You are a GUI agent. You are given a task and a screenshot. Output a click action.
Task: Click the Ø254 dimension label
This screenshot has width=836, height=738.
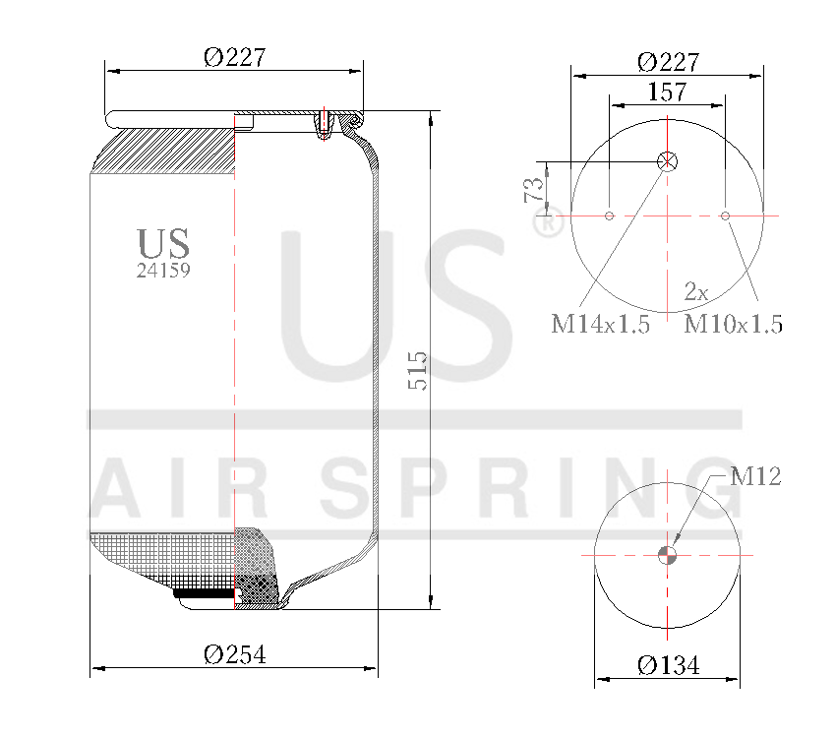[x=234, y=654]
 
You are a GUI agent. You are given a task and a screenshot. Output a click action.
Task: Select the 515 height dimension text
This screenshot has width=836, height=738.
[x=418, y=371]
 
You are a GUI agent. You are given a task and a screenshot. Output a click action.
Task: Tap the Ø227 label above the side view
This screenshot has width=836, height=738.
[x=235, y=58]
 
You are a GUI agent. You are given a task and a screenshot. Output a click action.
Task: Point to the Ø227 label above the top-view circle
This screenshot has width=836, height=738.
[x=668, y=62]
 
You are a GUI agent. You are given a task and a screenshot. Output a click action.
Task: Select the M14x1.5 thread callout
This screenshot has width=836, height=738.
[x=600, y=325]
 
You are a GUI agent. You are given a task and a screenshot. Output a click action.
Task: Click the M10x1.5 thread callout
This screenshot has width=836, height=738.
[x=734, y=325]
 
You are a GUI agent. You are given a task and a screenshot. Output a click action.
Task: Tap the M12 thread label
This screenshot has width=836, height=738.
[x=755, y=477]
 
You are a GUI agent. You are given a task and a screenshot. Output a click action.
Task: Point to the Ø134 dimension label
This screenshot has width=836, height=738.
[x=668, y=666]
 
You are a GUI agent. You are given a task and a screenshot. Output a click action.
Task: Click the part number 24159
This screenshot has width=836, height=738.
[x=163, y=271]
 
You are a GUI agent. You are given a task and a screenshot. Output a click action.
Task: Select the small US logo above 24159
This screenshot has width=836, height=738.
[x=163, y=243]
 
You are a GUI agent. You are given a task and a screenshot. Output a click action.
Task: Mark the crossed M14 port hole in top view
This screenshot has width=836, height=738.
[x=668, y=161]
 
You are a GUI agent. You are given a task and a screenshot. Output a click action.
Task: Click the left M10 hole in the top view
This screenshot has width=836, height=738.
[x=610, y=215]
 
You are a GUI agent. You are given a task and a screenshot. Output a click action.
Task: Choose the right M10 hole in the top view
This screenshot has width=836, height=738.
[x=725, y=215]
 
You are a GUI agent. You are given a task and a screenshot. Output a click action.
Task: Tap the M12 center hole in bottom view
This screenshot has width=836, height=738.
[x=668, y=555]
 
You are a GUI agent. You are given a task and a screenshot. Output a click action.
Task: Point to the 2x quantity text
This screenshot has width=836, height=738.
[x=696, y=291]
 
